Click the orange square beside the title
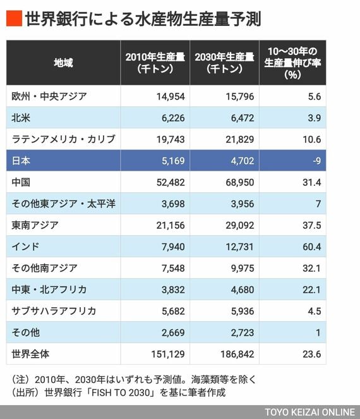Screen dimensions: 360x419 (x=14, y=18)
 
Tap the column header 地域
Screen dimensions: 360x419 (x=63, y=63)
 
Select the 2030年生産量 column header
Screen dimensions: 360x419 (x=224, y=63)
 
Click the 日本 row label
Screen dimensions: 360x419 (x=21, y=161)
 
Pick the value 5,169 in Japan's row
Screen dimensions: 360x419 (x=173, y=161)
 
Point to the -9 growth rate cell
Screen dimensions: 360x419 (x=316, y=161)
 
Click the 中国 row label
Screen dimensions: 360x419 (x=21, y=182)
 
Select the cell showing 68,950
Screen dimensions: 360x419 (x=240, y=183)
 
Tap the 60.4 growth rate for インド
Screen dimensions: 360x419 (x=311, y=246)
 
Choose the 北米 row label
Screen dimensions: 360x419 (x=21, y=118)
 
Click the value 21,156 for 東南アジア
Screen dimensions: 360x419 (x=171, y=225)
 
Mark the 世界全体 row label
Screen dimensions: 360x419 (x=30, y=354)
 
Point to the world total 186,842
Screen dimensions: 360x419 (x=237, y=355)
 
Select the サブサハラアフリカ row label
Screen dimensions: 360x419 (x=54, y=311)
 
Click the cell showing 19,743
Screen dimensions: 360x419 (x=171, y=140)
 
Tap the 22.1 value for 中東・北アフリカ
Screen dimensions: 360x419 (x=311, y=289)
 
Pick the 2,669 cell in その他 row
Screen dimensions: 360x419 (x=173, y=332)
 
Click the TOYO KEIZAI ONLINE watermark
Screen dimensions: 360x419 (x=310, y=412)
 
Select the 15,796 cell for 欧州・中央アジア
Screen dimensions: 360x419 (x=240, y=97)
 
